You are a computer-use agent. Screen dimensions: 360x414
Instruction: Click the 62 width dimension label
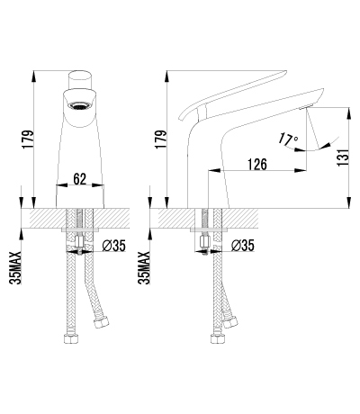pos(80,179)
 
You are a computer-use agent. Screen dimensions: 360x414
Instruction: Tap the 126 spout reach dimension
pos(256,164)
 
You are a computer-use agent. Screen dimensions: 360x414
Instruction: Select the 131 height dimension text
pos(343,157)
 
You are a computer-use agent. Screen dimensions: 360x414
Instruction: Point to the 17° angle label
pos(288,139)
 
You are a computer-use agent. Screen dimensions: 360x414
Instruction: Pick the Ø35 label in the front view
pos(113,246)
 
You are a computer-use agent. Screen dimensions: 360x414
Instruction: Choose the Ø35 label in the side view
pos(243,246)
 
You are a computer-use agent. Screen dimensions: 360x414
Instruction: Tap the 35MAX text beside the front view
pos(15,268)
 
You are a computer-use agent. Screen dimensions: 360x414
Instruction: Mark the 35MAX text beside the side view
pos(144,268)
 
